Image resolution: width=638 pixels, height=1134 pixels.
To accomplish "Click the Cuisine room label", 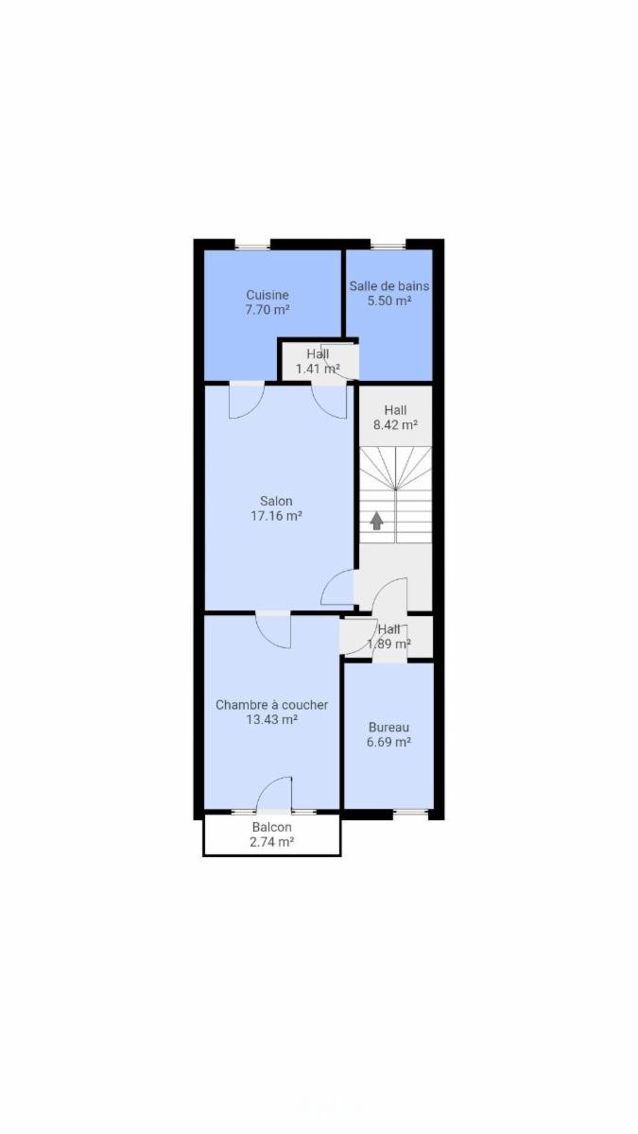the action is tap(267, 295).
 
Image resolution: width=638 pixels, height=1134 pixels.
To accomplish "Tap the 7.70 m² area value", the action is tap(267, 309).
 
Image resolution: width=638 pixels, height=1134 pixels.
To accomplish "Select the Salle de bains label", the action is tap(388, 286).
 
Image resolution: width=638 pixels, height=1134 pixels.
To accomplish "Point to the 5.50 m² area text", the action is tap(388, 301).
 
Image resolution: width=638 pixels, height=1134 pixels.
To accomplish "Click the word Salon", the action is tap(276, 501).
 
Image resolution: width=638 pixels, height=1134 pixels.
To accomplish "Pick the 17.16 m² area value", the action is tap(276, 516).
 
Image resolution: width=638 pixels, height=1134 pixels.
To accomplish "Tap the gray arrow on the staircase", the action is tap(376, 521).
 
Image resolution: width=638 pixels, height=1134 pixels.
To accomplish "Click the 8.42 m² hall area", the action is tap(395, 424).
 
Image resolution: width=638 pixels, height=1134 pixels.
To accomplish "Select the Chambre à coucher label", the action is tap(272, 705).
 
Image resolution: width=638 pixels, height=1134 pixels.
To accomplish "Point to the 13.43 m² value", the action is tap(272, 719).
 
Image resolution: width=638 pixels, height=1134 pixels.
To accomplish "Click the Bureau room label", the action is tap(388, 728).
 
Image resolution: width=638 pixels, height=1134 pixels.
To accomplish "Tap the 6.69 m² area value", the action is tap(388, 742).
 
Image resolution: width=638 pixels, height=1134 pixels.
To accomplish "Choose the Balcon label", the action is tap(272, 827).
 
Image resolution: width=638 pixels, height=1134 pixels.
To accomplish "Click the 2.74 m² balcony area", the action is tap(272, 842).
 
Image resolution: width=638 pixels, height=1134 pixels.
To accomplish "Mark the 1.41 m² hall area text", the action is tap(318, 369).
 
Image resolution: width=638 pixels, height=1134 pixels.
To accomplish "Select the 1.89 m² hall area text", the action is tap(388, 644).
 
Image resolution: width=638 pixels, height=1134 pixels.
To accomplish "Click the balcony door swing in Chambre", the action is tap(274, 794).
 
